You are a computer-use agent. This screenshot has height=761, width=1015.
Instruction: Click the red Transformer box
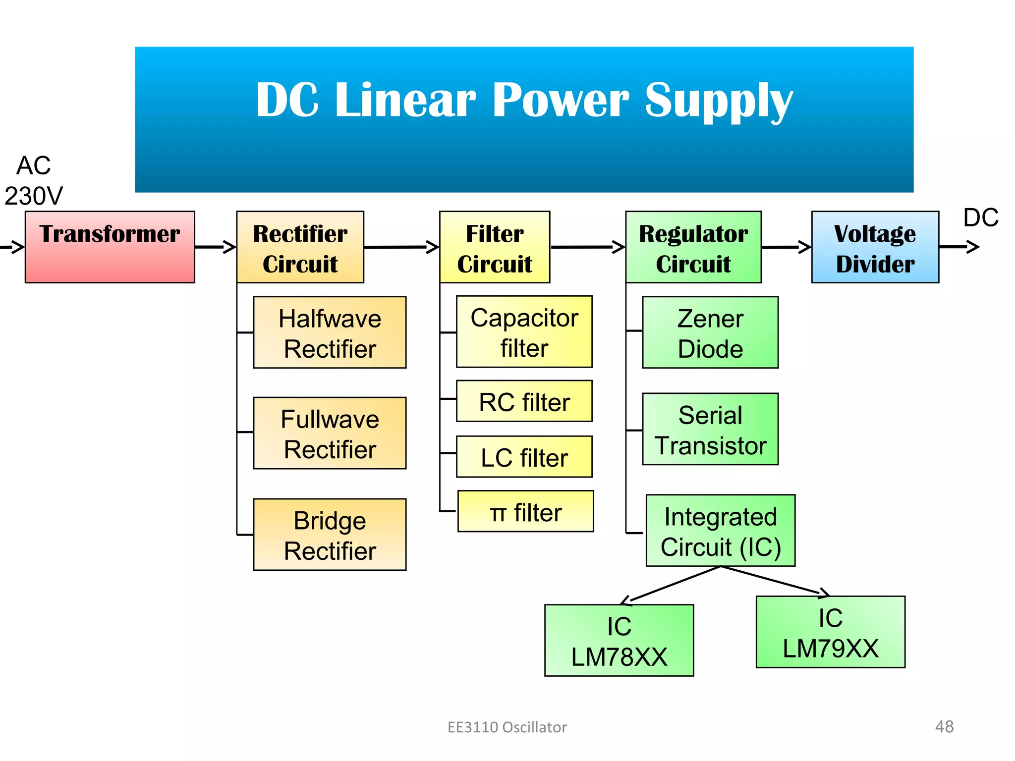[110, 247]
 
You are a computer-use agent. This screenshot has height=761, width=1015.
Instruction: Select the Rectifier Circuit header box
[300, 247]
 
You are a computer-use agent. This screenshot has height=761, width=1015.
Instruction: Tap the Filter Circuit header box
[495, 247]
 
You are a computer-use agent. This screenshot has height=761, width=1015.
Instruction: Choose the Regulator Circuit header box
[693, 247]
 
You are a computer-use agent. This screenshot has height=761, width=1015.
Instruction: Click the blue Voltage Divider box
[875, 247]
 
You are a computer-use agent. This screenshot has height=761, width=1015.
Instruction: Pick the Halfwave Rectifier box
[330, 332]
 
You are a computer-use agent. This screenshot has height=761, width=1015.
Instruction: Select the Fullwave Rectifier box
[330, 433]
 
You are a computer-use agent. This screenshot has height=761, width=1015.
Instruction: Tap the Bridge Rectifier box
[330, 535]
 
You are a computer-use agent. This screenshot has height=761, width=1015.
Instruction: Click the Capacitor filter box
[524, 331]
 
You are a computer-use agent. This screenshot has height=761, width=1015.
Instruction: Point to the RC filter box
[524, 401]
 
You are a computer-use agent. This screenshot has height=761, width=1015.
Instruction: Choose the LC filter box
[524, 457]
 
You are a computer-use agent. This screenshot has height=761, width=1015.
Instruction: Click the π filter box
[525, 511]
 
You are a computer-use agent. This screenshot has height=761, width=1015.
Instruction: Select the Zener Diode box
[710, 332]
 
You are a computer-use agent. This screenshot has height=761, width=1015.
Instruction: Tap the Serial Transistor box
[710, 429]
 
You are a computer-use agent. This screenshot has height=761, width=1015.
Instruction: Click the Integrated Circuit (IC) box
[720, 531]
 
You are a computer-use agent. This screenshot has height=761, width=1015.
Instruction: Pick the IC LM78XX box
[619, 640]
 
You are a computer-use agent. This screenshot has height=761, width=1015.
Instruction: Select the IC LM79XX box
[830, 632]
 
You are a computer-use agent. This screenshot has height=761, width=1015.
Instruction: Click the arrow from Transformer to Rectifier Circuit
[215, 247]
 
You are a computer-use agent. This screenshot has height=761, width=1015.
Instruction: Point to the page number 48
[944, 726]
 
